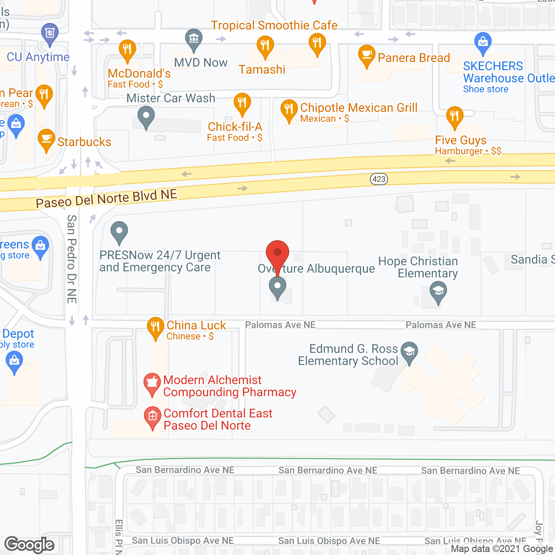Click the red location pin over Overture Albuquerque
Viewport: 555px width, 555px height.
277,253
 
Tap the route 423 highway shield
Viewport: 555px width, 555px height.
379,179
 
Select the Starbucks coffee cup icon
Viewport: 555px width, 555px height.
46,140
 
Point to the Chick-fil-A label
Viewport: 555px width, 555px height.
235,127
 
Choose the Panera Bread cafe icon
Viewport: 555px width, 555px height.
366,55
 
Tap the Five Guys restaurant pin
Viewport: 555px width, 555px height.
454,117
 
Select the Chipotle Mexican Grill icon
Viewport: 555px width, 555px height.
289,109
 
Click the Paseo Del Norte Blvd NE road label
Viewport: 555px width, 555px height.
107,199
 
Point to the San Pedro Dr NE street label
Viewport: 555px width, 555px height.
72,259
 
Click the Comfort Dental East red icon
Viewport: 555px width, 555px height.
152,417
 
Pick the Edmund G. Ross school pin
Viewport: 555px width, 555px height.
409,352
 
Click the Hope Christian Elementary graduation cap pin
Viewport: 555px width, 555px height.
438,291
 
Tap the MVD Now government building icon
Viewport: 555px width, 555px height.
193,39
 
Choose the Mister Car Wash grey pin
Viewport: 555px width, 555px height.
146,117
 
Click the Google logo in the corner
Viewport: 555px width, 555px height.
29,545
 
